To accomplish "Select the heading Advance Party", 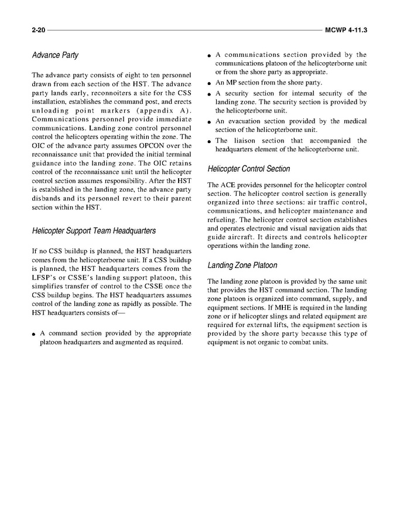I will pyautogui.click(x=55, y=56).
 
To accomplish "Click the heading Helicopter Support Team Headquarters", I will pyautogui.click(x=94, y=230).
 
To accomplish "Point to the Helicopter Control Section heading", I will pyautogui.click(x=249, y=169).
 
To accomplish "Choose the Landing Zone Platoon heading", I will pyautogui.click(x=242, y=266).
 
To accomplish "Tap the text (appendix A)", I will pyautogui.click(x=157, y=110).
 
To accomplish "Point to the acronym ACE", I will pyautogui.click(x=228, y=185).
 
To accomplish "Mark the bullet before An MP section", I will pyautogui.click(x=210, y=83).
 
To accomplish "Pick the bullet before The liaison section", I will pyautogui.click(x=210, y=141).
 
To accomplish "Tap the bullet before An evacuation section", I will pyautogui.click(x=210, y=122).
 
